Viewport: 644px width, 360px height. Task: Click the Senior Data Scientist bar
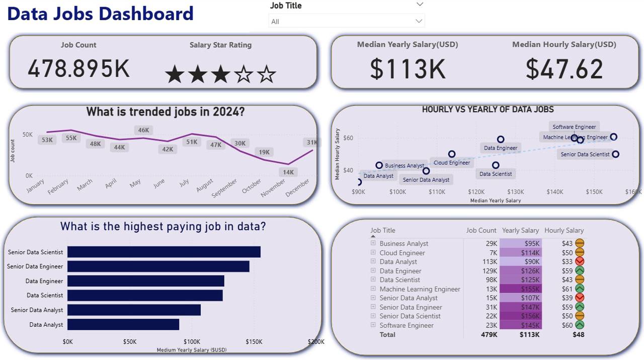[x=164, y=252]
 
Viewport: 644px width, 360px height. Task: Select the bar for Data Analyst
[x=123, y=325]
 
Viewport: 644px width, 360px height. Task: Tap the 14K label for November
[x=288, y=172]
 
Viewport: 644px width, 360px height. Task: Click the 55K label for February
[x=71, y=138]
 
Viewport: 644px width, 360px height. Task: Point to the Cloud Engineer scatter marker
[x=452, y=154]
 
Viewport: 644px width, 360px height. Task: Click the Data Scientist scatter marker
[x=496, y=165]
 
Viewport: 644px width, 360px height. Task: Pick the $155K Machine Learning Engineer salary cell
[x=521, y=289]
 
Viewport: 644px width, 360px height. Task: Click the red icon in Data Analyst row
[x=580, y=262]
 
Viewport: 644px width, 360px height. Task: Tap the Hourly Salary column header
[x=563, y=231]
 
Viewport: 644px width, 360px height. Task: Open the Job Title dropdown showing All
[x=347, y=21]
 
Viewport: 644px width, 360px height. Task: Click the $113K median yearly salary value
[x=408, y=69]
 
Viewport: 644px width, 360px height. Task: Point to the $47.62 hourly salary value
[x=564, y=69]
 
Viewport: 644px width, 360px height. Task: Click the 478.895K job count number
[x=78, y=68]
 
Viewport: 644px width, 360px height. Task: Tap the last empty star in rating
[x=267, y=75]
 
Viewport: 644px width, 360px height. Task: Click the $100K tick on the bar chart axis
[x=192, y=342]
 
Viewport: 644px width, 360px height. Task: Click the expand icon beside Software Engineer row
[x=373, y=325]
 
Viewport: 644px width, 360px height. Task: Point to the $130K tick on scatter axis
[x=515, y=192]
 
